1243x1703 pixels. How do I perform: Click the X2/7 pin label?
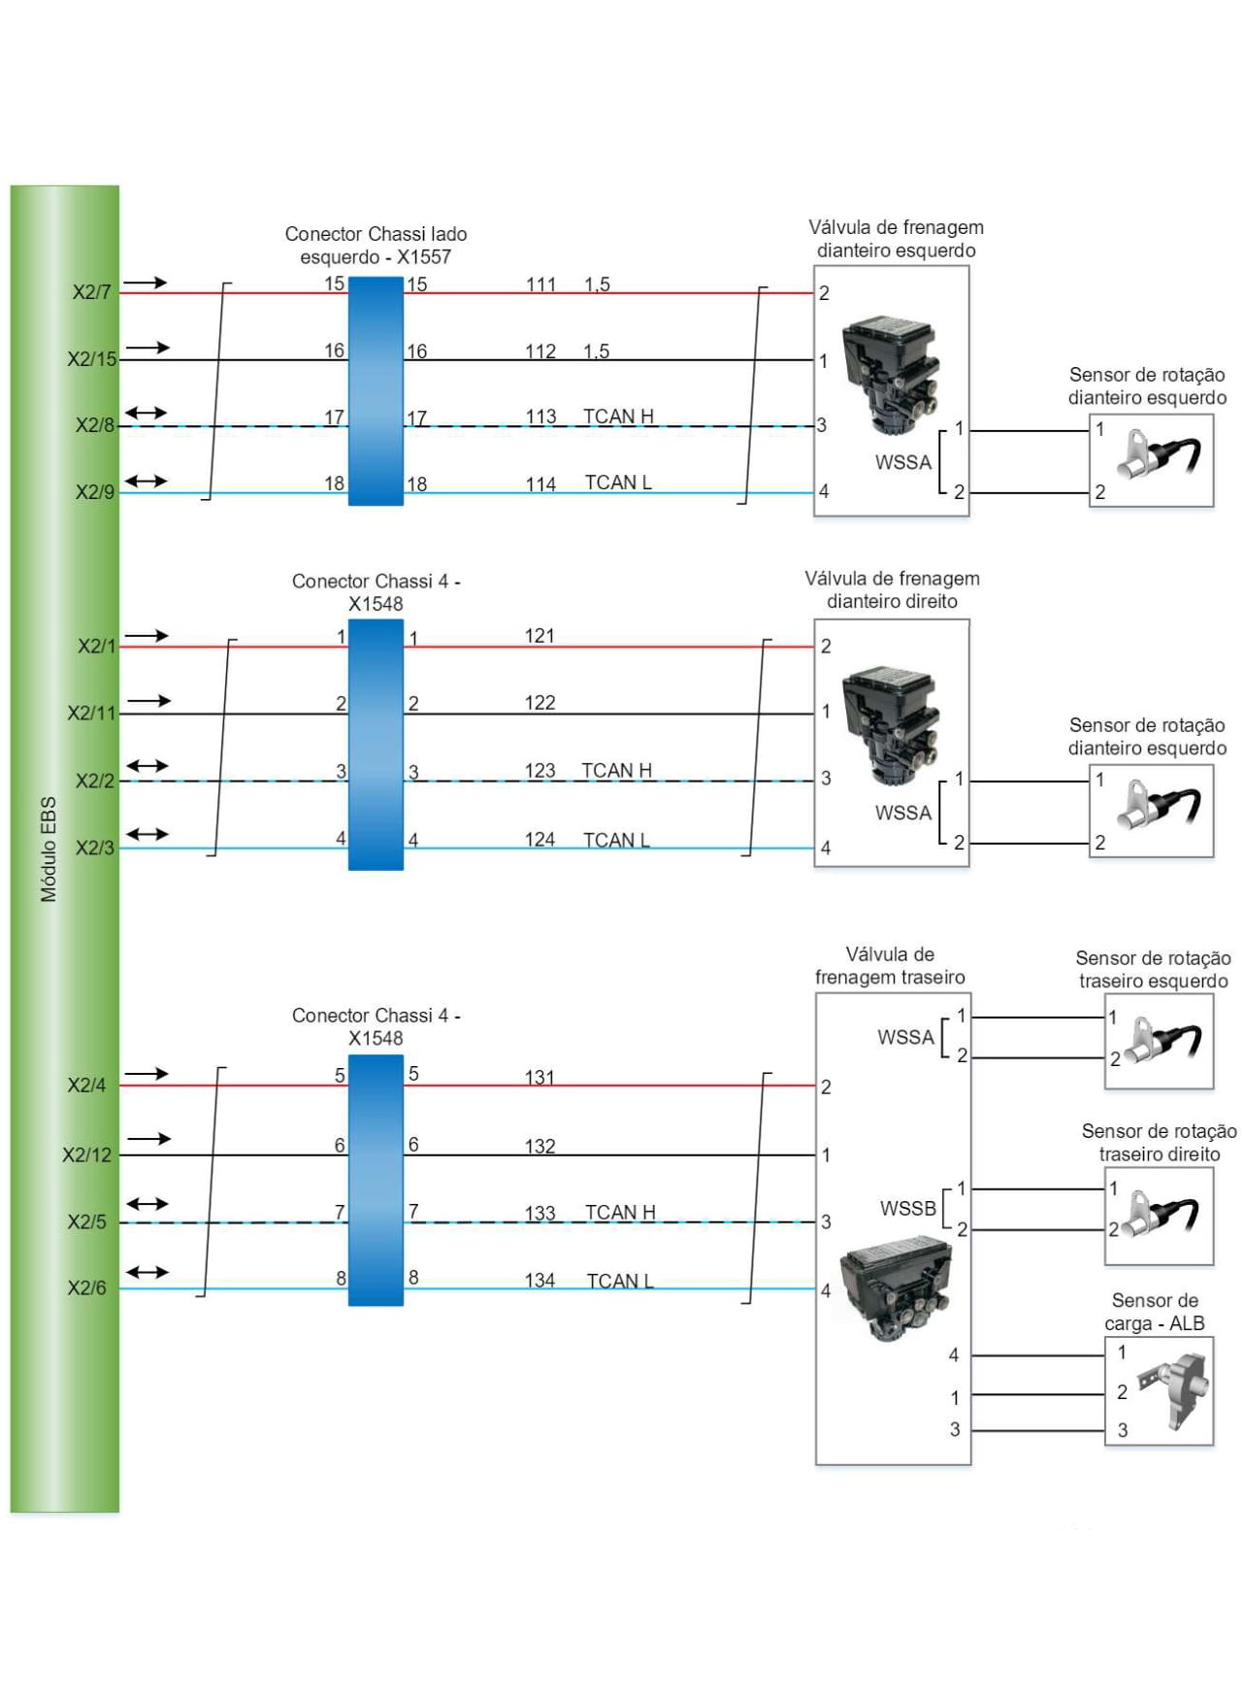[91, 292]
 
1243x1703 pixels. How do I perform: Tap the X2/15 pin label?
[91, 359]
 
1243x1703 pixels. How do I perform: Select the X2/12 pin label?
[87, 1154]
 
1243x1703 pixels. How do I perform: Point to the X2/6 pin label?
[86, 1288]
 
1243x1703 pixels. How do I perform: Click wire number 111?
[540, 284]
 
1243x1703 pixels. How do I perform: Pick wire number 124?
[540, 839]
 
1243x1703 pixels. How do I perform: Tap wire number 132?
[540, 1146]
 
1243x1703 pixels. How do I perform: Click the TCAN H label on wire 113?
[618, 417]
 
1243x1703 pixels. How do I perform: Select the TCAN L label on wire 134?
[620, 1281]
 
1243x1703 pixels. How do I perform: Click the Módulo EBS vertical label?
[49, 850]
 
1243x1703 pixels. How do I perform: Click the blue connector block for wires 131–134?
[376, 1181]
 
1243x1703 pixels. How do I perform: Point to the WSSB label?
[907, 1209]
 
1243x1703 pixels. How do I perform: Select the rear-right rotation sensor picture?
[1160, 1216]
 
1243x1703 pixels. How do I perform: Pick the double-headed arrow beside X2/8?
[146, 414]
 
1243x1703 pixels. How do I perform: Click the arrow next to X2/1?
[147, 636]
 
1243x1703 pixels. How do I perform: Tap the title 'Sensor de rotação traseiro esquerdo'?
[1153, 969]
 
